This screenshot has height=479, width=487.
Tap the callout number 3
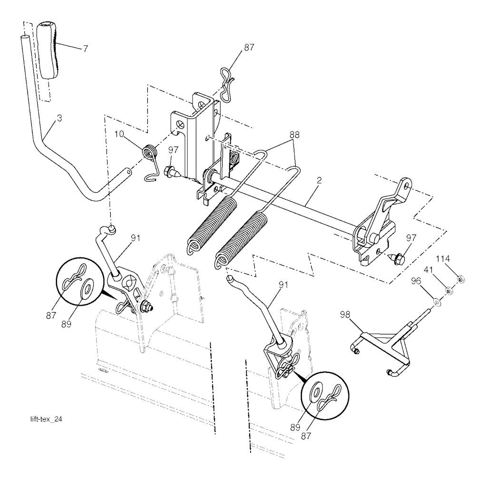[x=59, y=118]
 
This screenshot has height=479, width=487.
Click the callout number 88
[x=294, y=135]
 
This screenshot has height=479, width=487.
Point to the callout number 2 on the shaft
[x=319, y=180]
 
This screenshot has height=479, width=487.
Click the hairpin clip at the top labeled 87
[x=228, y=84]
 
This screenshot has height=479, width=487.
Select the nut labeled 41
[x=449, y=291]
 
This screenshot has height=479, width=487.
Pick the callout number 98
[x=345, y=315]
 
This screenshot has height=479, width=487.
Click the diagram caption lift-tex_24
[x=46, y=419]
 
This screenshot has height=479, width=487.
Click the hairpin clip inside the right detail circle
[x=329, y=396]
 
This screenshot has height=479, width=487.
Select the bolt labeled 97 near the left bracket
[x=171, y=171]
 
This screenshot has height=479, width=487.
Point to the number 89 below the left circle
[x=66, y=324]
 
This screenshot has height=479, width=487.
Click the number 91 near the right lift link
[x=283, y=285]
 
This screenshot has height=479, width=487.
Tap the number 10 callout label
[x=119, y=134]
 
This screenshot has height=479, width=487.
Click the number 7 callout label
[x=85, y=48]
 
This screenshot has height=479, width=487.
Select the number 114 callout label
[x=443, y=258]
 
